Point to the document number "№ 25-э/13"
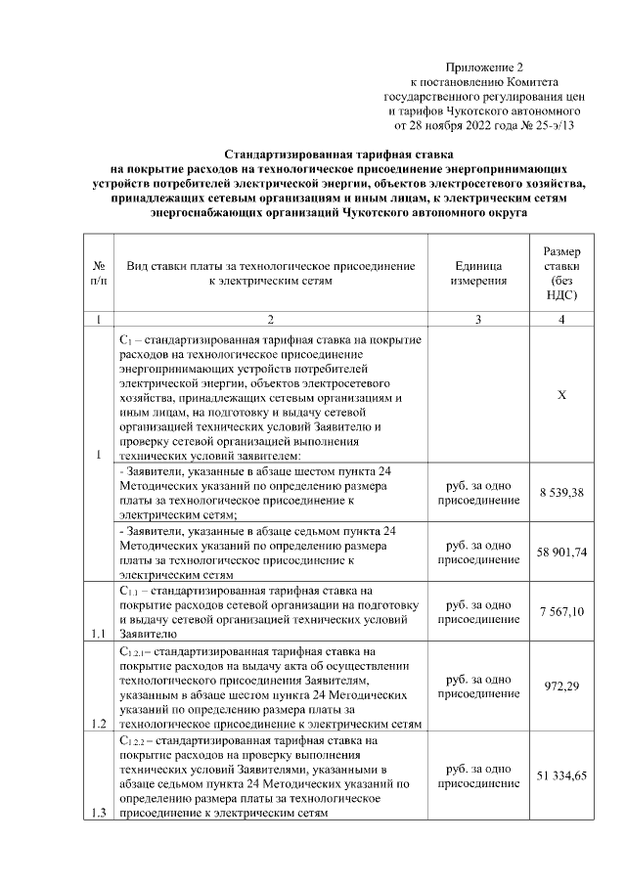pyautogui.click(x=546, y=125)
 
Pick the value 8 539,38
pyautogui.click(x=561, y=492)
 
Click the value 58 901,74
pyautogui.click(x=561, y=553)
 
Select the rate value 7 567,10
pyautogui.click(x=561, y=611)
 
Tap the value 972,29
pyautogui.click(x=561, y=686)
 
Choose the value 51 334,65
pyautogui.click(x=561, y=775)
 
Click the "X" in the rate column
pyautogui.click(x=561, y=396)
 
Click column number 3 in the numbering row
pyautogui.click(x=478, y=320)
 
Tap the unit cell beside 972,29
pyautogui.click(x=478, y=686)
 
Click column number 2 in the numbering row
pyautogui.click(x=269, y=320)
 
